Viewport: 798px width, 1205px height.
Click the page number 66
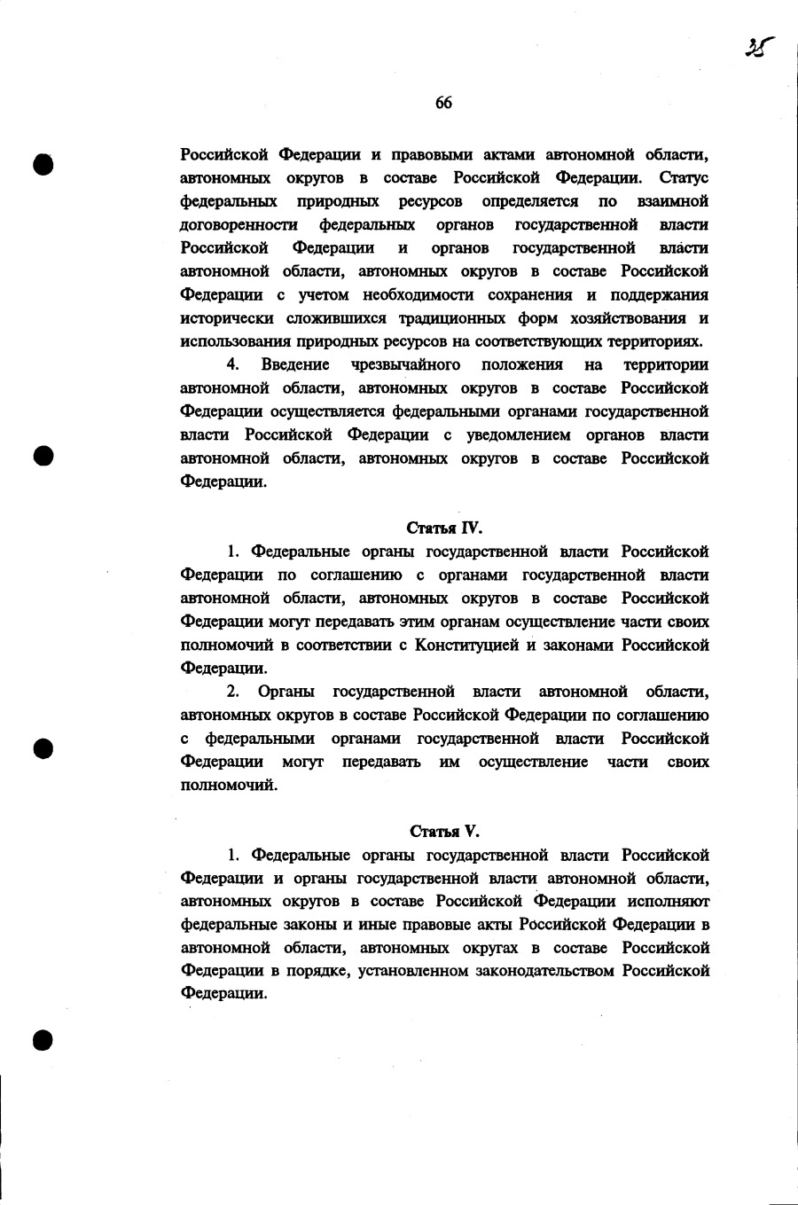(x=443, y=103)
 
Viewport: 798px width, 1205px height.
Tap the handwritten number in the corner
(x=760, y=46)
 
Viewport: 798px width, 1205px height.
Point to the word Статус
(x=684, y=177)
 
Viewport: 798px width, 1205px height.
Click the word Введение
(x=295, y=364)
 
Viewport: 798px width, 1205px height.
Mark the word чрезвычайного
(x=405, y=364)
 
